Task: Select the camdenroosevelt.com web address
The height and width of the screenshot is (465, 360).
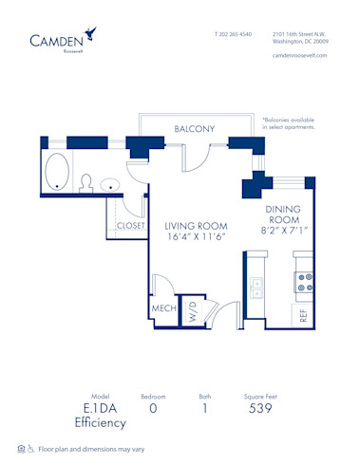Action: pyautogui.click(x=299, y=54)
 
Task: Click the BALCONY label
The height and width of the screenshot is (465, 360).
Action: pyautogui.click(x=194, y=129)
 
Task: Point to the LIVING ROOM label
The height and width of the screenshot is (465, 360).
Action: pyautogui.click(x=196, y=225)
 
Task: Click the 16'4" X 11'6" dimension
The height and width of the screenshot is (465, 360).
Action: pyautogui.click(x=196, y=238)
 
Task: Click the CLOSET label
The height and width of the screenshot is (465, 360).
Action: pyautogui.click(x=131, y=226)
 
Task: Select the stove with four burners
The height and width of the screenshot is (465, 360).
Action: pyautogui.click(x=304, y=282)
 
